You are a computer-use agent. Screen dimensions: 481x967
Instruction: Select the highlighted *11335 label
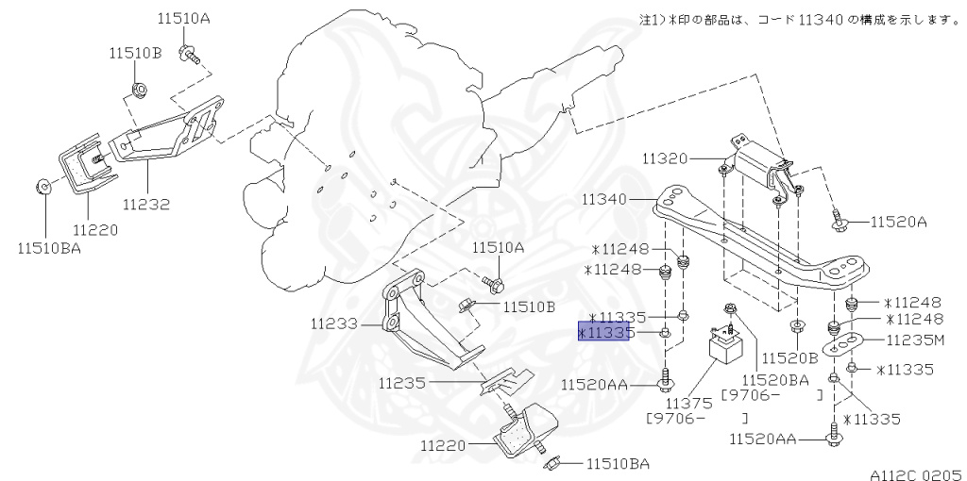tap(603, 333)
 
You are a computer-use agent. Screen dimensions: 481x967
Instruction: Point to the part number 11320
tap(666, 158)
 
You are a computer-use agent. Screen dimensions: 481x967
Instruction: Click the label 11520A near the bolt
tap(898, 222)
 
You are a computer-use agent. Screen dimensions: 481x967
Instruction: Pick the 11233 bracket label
tap(332, 323)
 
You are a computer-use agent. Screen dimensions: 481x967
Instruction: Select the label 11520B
tap(789, 358)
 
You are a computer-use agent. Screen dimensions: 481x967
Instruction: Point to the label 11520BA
tap(775, 380)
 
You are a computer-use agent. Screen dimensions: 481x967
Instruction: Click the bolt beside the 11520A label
tap(838, 223)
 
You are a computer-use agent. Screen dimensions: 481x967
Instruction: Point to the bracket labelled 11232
tap(170, 132)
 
